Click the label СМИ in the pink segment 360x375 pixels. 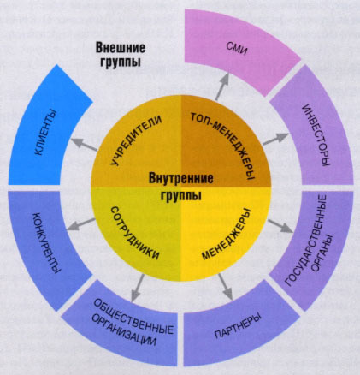click(238, 49)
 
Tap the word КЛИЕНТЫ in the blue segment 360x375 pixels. click(44, 133)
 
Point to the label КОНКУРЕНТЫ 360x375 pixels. click(47, 243)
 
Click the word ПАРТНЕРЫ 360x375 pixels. click(238, 326)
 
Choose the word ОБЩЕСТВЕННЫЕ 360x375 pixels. click(133, 316)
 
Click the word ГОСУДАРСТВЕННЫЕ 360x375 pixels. click(306, 241)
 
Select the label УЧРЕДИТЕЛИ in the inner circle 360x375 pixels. click(136, 140)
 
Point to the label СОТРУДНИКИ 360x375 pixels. click(134, 233)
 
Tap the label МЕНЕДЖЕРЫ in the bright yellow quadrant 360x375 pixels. click(227, 235)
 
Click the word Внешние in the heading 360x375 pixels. click(121, 47)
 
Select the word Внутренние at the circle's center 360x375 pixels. click(180, 178)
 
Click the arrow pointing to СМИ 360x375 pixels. click(222, 86)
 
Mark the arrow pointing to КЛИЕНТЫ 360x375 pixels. click(84, 144)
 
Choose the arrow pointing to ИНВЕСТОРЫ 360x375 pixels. click(275, 139)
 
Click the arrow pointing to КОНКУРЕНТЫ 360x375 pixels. click(80, 224)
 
